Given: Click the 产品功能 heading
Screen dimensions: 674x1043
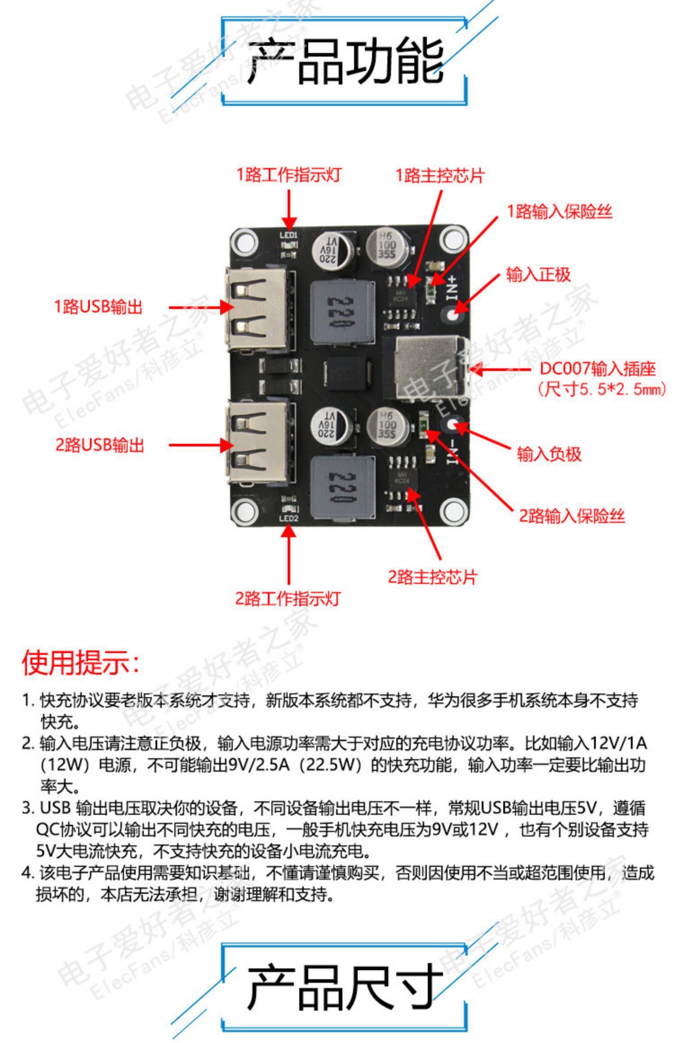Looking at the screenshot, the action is tap(345, 62).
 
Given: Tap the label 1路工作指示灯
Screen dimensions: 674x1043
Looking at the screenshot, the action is tap(289, 175).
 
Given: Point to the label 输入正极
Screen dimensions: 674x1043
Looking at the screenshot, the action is tap(538, 274).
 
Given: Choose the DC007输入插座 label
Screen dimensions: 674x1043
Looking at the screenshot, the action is tap(598, 369).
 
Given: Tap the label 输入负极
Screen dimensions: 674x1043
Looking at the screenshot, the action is tap(549, 454).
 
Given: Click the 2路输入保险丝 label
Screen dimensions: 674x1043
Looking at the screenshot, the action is tap(572, 516).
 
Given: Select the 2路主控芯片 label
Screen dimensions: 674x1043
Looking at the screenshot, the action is tap(432, 577).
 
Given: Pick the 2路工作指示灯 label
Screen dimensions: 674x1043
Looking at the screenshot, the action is tap(288, 598).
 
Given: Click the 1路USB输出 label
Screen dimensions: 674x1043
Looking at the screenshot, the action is tap(98, 307).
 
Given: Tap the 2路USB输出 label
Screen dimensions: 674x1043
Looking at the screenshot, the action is tap(99, 445).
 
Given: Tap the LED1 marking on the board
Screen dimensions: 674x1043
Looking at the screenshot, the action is tap(288, 235).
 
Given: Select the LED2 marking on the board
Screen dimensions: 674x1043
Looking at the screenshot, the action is tap(288, 518).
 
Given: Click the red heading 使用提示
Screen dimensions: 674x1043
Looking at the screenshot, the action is tap(81, 663).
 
